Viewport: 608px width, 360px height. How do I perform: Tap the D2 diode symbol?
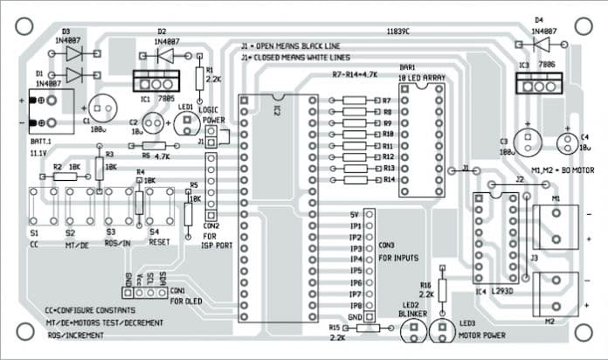(163, 55)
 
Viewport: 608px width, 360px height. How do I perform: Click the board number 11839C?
(397, 31)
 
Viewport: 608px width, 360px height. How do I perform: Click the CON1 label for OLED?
(177, 289)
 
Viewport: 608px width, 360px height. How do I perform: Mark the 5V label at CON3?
(355, 214)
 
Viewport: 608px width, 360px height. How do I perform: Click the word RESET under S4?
(158, 242)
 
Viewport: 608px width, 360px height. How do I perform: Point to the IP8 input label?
(355, 305)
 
